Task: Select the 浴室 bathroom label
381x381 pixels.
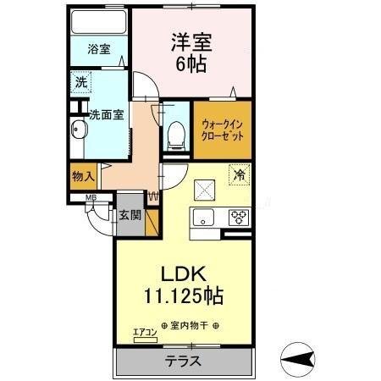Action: (99, 50)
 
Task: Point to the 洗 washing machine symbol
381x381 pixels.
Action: (80, 83)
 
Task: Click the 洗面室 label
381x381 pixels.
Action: (108, 113)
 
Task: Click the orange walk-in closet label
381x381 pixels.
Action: (223, 130)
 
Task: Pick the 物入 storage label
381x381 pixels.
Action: (82, 177)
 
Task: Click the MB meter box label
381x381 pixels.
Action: (89, 200)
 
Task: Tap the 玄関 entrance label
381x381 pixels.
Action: (130, 214)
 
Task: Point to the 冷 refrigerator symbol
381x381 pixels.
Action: (240, 175)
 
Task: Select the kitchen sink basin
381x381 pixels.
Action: (206, 218)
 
